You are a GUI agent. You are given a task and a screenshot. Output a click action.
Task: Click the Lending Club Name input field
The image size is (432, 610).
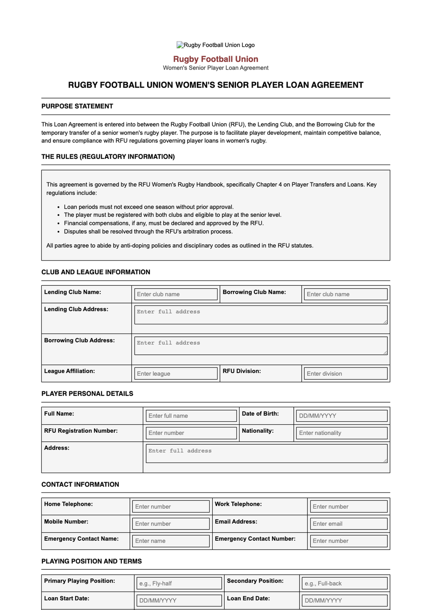[x=176, y=294]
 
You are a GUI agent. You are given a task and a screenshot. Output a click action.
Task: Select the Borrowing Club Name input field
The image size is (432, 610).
[x=346, y=294]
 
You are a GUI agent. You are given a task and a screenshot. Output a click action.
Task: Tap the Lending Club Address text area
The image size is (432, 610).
[x=261, y=315]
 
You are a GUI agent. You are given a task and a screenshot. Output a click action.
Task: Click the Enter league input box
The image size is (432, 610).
[x=176, y=373]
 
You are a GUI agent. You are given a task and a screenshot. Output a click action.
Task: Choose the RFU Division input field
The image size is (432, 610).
[x=346, y=373]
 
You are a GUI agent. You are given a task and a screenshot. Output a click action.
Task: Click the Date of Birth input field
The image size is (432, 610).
[x=342, y=416]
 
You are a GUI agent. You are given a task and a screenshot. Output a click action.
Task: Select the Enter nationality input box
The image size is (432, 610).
[x=342, y=433]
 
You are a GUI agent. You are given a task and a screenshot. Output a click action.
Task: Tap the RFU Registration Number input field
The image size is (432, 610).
[x=191, y=433]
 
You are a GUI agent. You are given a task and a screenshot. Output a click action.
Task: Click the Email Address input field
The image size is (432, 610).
[x=348, y=524]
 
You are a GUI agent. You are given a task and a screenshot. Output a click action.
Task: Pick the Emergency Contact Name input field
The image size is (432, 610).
[x=171, y=541]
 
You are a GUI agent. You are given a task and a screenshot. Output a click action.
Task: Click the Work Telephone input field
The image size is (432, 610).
[x=348, y=506]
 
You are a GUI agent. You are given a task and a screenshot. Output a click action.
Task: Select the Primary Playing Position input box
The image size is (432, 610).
[x=179, y=583]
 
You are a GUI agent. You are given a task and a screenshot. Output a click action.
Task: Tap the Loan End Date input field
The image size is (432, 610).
[x=345, y=600]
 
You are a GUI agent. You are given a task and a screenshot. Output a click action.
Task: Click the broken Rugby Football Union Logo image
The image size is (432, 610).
[x=216, y=45]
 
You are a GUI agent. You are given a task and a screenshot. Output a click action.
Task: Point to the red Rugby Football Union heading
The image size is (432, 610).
[x=216, y=59]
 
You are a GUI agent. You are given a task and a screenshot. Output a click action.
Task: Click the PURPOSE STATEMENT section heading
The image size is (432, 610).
[x=77, y=106]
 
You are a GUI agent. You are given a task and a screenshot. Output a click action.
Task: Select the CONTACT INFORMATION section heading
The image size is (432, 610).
[x=80, y=484]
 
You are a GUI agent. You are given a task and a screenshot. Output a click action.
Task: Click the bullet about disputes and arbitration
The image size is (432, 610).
[x=148, y=231]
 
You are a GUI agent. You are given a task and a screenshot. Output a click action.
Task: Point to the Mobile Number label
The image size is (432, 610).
[x=66, y=522]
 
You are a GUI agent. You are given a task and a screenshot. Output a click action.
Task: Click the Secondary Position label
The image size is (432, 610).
[x=255, y=581]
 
